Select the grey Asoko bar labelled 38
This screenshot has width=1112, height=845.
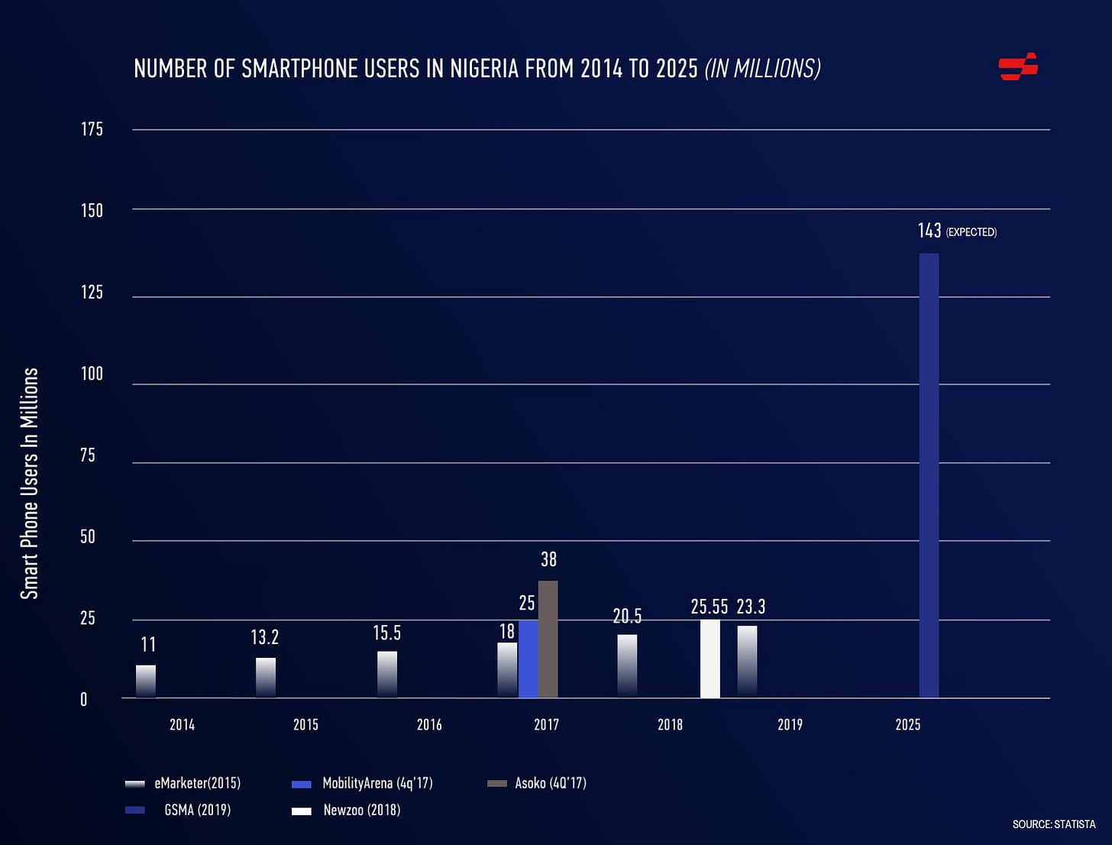click(548, 639)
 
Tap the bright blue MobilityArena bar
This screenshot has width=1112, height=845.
click(528, 659)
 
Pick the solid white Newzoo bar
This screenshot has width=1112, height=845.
click(710, 659)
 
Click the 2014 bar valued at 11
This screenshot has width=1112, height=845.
click(146, 681)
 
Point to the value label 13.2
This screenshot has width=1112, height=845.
click(265, 637)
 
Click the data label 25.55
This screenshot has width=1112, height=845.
click(710, 607)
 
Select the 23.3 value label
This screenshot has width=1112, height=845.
click(751, 607)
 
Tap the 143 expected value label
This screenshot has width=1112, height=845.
click(930, 231)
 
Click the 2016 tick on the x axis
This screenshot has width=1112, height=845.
click(429, 724)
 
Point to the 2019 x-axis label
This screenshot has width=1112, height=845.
click(790, 724)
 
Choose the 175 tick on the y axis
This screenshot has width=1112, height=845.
click(92, 129)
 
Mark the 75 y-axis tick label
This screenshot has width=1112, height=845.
click(88, 455)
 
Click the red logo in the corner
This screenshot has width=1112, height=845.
click(1018, 66)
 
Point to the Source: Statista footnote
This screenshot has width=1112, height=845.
click(1053, 824)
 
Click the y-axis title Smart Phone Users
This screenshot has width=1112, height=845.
click(29, 483)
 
